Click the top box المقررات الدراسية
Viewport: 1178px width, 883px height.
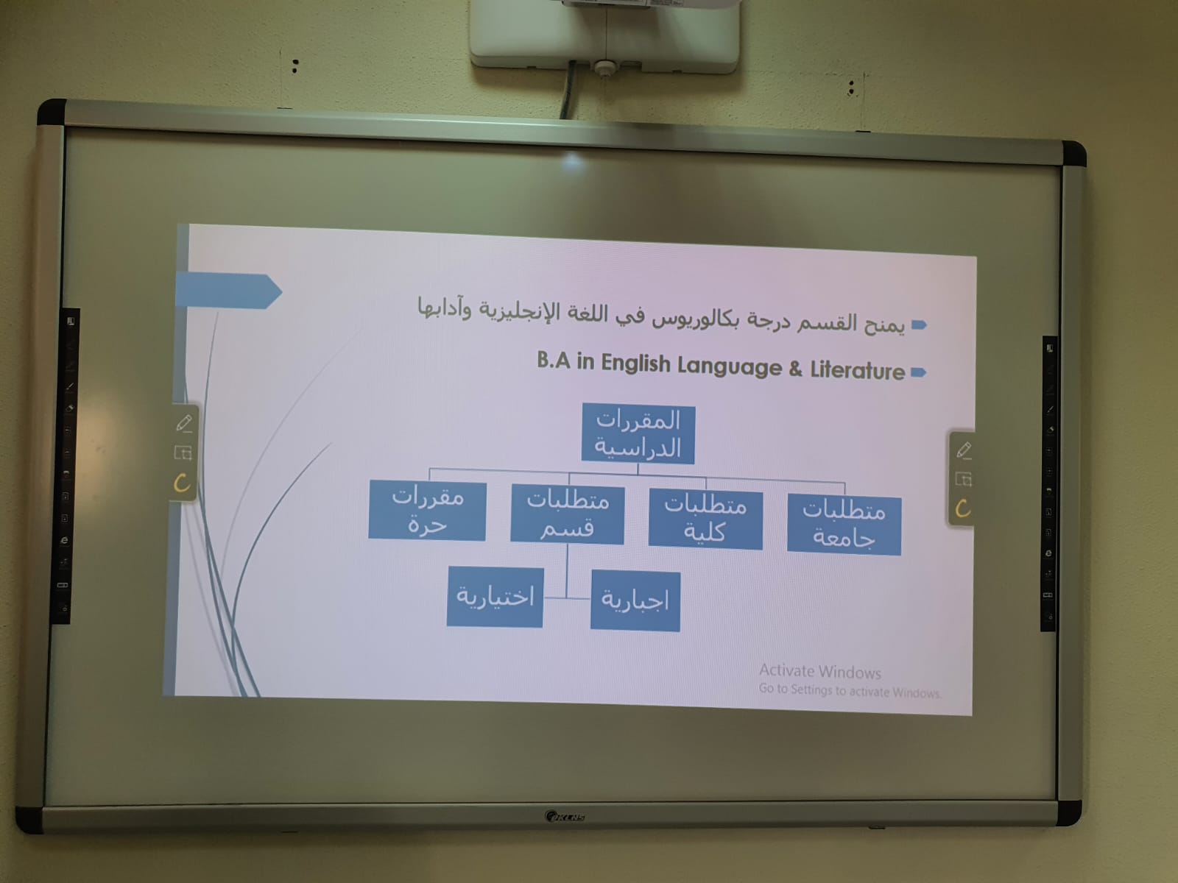coord(638,433)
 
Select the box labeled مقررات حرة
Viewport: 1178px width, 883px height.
coord(427,511)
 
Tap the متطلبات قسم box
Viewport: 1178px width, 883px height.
coord(567,514)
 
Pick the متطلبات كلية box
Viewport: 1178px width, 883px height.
coord(705,519)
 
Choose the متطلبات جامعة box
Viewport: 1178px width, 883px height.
coord(844,525)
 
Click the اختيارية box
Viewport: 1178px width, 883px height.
coord(495,597)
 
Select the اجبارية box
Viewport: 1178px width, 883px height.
coord(635,600)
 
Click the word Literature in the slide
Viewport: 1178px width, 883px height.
coord(857,370)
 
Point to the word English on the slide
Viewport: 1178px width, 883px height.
coord(635,364)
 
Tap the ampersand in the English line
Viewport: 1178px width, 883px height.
coord(795,369)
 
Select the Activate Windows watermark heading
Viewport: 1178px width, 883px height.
coord(819,671)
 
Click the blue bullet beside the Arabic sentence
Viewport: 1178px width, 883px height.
coord(920,325)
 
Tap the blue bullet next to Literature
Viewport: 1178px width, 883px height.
coord(919,372)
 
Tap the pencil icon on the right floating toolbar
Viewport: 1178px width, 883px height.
coord(963,450)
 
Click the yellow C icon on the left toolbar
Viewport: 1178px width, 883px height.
coord(182,483)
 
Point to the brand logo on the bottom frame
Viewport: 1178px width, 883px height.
coord(565,817)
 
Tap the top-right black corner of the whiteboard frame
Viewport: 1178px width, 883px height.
coord(1074,154)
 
